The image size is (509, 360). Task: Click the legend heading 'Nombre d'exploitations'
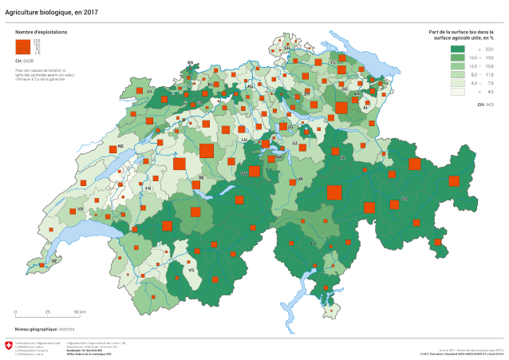pos(41,32)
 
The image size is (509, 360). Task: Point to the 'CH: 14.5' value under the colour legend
pos(485,105)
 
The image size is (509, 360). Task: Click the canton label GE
pos(53,260)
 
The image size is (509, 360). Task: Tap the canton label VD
pos(81,209)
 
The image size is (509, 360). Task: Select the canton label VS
pos(191,270)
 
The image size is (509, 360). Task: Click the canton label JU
pos(148,92)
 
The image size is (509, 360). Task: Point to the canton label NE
pos(120,147)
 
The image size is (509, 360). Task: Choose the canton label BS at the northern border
pos(190,61)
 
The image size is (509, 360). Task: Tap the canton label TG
pos(333,61)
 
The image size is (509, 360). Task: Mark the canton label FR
pos(148,188)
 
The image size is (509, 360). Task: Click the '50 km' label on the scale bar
pos(80,312)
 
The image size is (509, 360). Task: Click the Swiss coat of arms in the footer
pos(9,345)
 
